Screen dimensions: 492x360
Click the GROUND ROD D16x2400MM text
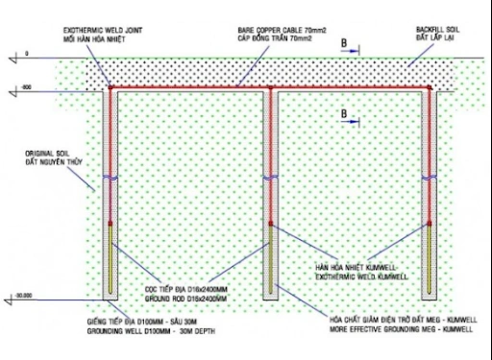(184, 299)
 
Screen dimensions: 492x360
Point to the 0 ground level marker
(28, 54)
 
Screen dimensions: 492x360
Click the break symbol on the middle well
(272, 179)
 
